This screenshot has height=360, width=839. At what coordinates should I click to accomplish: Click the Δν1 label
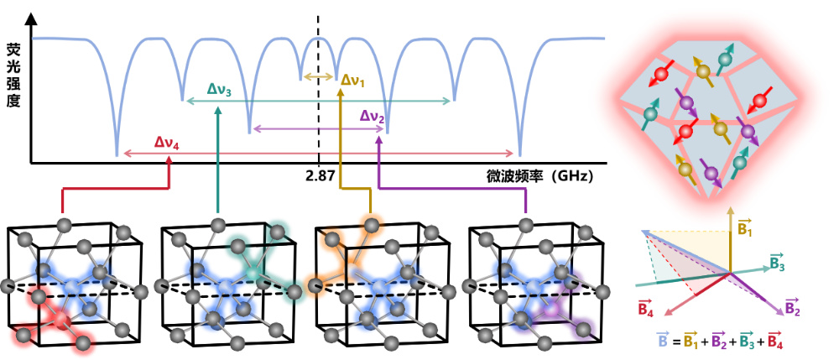tap(352, 81)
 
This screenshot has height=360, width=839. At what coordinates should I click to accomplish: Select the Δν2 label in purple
tap(373, 116)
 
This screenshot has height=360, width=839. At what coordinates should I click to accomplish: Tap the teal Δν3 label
tap(219, 91)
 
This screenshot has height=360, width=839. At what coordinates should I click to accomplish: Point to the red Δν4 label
tap(167, 143)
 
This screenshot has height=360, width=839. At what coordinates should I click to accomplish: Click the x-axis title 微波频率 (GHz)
tap(539, 176)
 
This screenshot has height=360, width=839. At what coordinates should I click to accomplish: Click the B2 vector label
tap(792, 306)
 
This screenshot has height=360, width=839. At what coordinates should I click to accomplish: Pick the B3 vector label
tap(778, 262)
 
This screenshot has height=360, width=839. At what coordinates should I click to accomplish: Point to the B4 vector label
tap(646, 308)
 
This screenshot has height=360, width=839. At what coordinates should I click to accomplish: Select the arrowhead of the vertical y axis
tap(32, 19)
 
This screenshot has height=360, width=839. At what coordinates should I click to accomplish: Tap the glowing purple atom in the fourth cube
tap(553, 309)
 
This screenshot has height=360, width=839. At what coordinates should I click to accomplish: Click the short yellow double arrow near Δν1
tap(318, 77)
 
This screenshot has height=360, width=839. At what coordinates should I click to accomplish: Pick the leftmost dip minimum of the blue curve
tap(117, 155)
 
